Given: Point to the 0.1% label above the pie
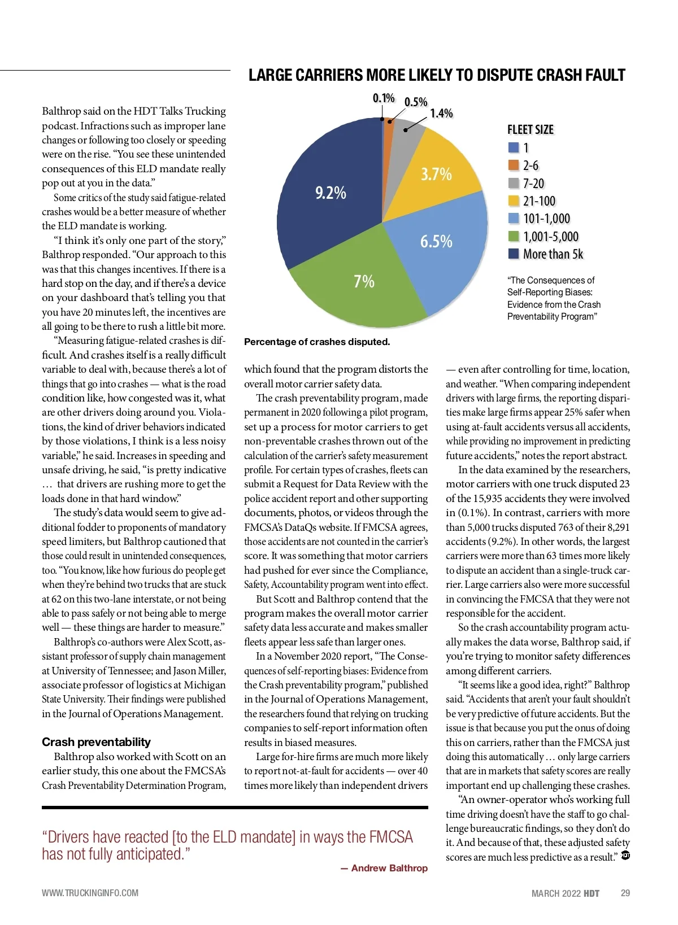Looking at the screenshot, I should pos(384,98).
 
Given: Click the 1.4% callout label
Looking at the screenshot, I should pos(441,114).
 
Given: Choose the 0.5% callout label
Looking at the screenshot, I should pos(416,102).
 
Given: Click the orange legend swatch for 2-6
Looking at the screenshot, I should pos(514,165).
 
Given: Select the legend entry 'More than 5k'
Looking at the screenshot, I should pos(553,254).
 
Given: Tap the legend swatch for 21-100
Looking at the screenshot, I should pos(514,200).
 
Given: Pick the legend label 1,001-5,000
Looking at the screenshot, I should pos(551,237).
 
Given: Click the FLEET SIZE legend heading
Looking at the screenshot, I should pos(531,130).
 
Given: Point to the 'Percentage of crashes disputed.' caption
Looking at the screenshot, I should pos(317,342).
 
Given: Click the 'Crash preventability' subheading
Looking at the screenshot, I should pos(96,742).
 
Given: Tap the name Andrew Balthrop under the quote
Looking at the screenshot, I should pos(389,868).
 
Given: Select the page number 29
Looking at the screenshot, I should pos(625,893).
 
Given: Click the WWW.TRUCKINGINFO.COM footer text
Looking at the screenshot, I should pos(90,893).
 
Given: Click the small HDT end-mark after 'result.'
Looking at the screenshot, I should pos(625,856).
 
